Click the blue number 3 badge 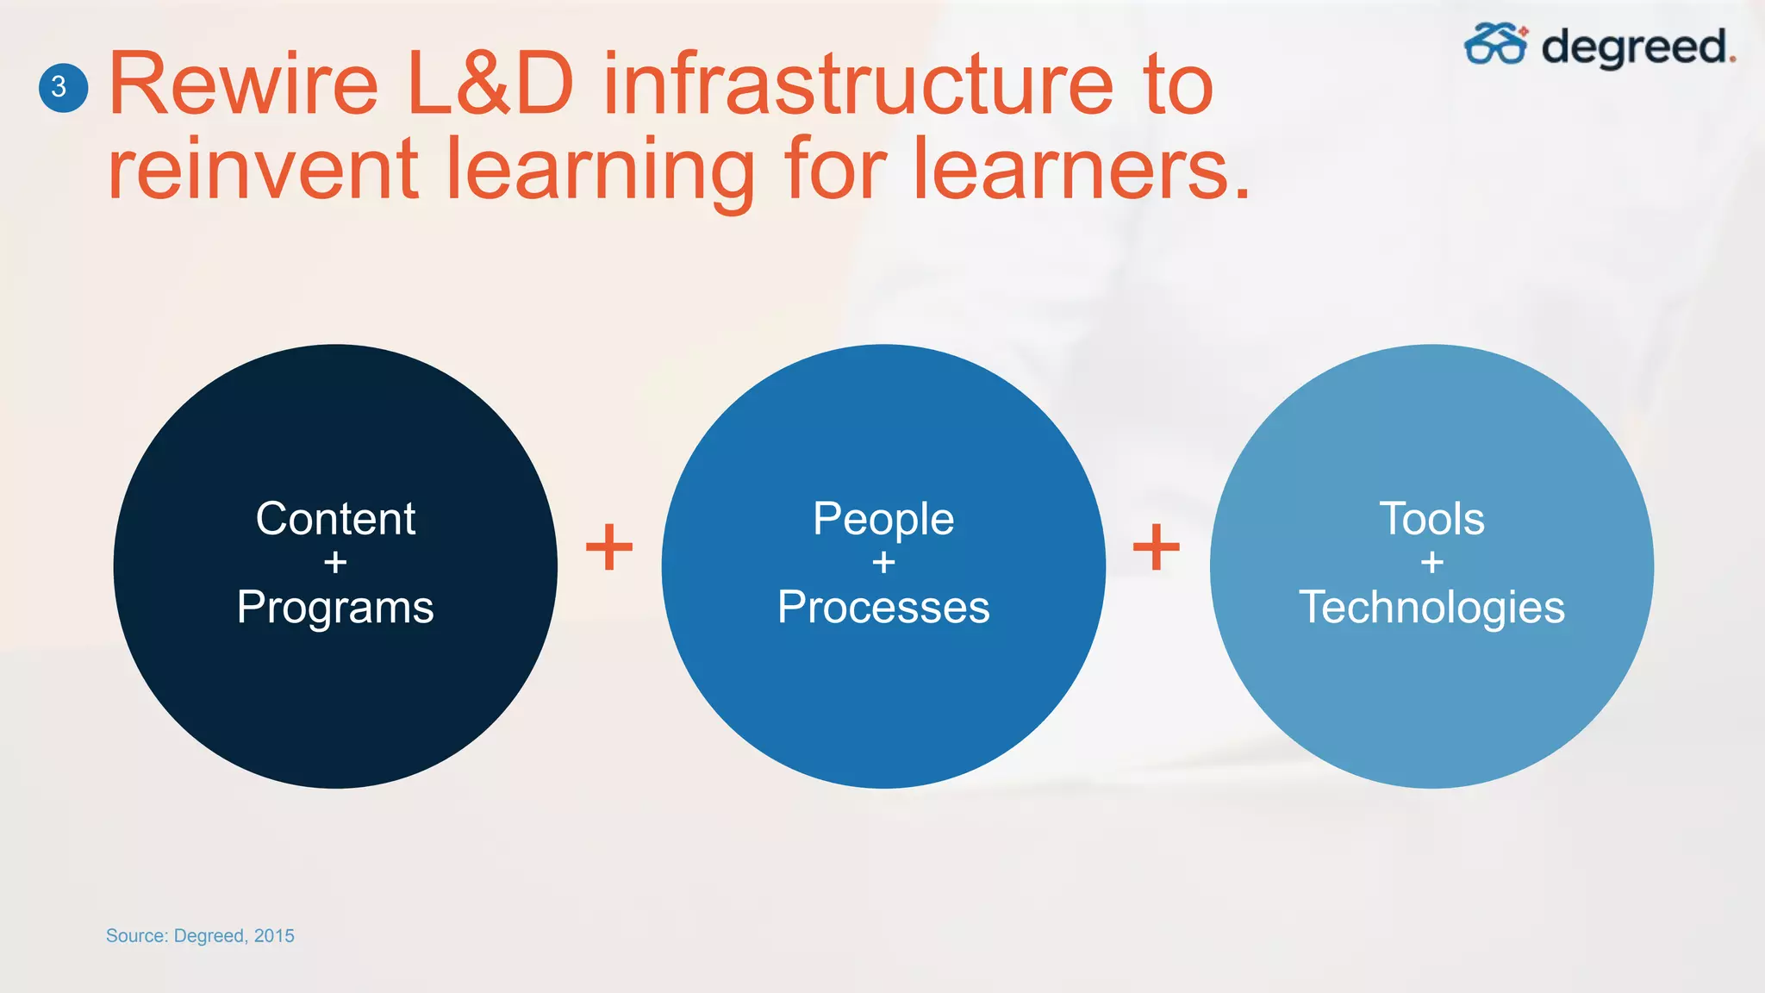(x=63, y=87)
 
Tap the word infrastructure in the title (x=858, y=84)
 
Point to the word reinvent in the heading (x=263, y=169)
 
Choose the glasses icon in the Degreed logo (x=1495, y=44)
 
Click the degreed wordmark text (x=1637, y=47)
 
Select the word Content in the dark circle (x=335, y=519)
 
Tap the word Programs (x=335, y=608)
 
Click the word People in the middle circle (x=883, y=519)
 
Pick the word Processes (x=883, y=608)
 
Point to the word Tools (x=1431, y=519)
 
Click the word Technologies (x=1431, y=608)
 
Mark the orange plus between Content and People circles (x=609, y=547)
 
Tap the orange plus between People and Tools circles (x=1157, y=547)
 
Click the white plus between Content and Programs (x=335, y=563)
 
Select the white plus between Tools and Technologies (x=1431, y=563)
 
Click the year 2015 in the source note (x=274, y=936)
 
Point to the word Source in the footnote (x=136, y=936)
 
